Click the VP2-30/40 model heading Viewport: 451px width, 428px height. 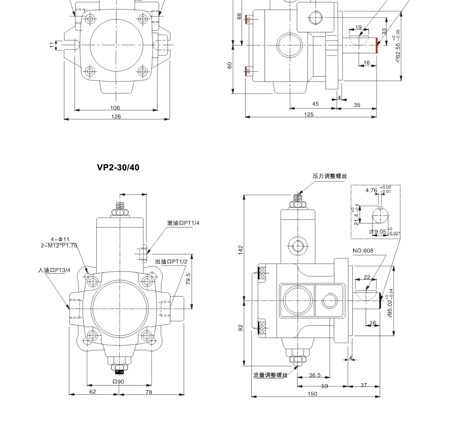[118, 167]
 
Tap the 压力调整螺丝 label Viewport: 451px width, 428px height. [330, 176]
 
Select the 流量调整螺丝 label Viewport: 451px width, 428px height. [270, 375]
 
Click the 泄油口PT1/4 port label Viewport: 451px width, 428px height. [183, 223]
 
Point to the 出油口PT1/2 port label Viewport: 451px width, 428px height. [171, 262]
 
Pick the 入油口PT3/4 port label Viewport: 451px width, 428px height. [54, 270]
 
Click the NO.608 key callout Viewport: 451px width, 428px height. [363, 251]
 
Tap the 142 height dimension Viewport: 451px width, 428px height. [240, 250]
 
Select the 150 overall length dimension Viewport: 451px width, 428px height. [312, 394]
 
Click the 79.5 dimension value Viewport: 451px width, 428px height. [188, 279]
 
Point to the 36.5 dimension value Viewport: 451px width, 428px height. [315, 375]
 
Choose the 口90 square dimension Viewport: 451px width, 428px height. [118, 382]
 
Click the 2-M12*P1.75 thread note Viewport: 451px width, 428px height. [59, 245]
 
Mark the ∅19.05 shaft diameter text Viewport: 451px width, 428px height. [378, 232]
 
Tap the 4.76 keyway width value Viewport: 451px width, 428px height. [371, 190]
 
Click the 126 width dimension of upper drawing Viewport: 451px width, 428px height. [116, 116]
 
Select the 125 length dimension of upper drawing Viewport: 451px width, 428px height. [309, 114]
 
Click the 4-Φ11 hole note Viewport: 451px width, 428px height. [60, 239]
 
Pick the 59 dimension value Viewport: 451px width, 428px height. [324, 386]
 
